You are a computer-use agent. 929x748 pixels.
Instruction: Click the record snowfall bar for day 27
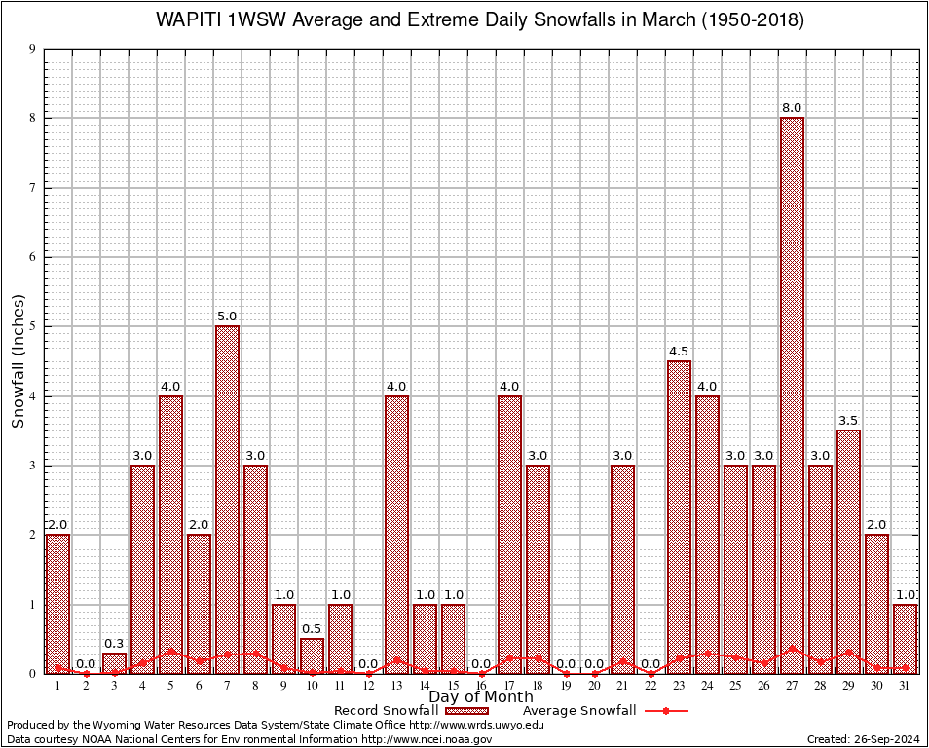tap(792, 390)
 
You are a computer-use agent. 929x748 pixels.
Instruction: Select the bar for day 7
tap(227, 497)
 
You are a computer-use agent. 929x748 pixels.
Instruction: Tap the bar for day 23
tap(679, 516)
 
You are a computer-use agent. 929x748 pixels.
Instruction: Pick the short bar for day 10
tap(312, 654)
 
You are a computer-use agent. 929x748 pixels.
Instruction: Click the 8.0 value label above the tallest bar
tap(792, 107)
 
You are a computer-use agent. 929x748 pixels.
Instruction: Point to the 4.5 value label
tap(679, 351)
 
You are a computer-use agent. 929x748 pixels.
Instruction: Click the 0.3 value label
tap(114, 643)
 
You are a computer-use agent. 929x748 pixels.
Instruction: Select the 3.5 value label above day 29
tap(848, 420)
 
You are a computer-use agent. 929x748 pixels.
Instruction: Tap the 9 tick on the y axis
tap(33, 49)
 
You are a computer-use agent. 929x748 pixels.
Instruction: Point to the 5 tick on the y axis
tap(33, 326)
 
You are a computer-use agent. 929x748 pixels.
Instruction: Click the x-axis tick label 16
tap(481, 686)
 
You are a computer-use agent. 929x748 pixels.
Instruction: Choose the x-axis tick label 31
tap(905, 686)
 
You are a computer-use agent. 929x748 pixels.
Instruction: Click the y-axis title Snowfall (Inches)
tap(18, 360)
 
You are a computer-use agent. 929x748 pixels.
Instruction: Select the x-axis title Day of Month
tap(481, 697)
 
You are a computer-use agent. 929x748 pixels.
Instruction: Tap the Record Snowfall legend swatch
tap(465, 711)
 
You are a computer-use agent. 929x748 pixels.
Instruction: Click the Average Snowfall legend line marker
tap(666, 711)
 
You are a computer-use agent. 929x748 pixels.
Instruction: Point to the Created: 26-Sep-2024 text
tap(864, 739)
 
